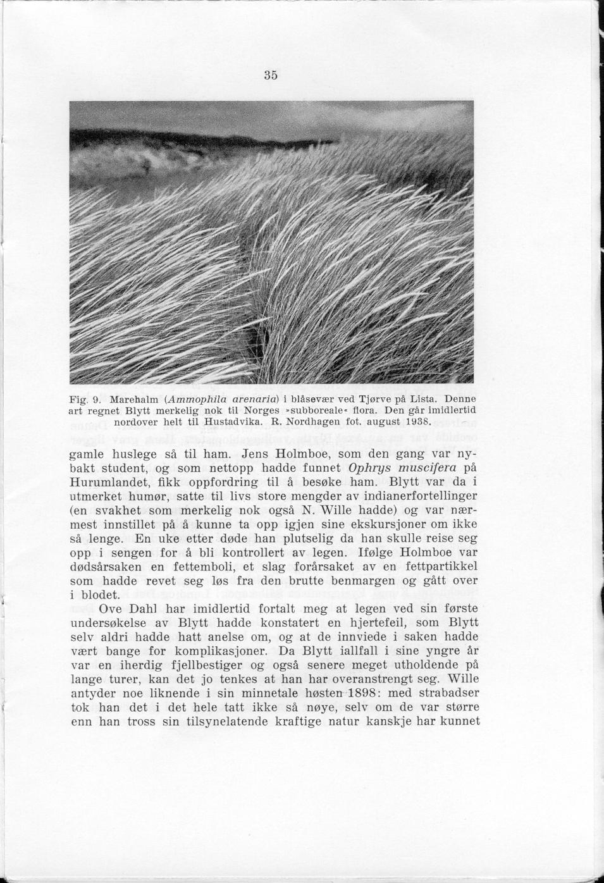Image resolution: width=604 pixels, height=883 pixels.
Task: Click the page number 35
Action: (271, 75)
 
